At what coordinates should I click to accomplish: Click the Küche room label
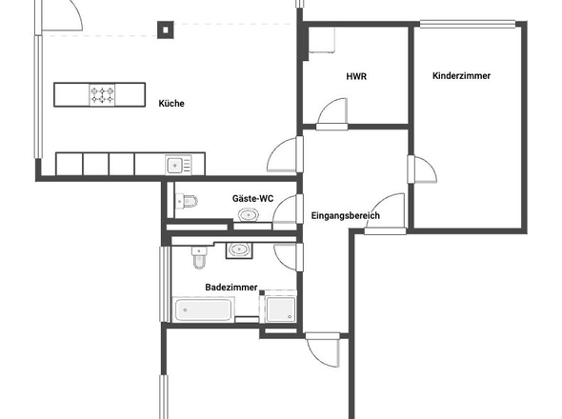(171, 104)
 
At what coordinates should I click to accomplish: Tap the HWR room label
(356, 76)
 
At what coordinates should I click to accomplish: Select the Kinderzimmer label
(461, 75)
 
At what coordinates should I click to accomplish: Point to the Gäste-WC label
(252, 198)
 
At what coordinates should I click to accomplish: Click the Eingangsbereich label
(345, 216)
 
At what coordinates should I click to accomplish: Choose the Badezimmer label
(231, 287)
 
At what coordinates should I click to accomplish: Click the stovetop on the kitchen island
(102, 95)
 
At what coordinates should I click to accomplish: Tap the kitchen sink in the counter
(178, 165)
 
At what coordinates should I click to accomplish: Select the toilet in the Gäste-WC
(187, 201)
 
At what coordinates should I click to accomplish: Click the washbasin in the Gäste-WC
(249, 215)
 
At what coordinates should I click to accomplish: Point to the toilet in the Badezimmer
(199, 257)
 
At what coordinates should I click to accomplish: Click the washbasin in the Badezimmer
(239, 249)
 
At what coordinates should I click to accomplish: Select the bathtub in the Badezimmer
(203, 309)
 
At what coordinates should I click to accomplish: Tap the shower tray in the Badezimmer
(281, 309)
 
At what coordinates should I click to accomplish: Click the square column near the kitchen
(166, 30)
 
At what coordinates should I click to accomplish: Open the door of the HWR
(332, 113)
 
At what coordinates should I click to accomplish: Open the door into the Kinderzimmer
(422, 170)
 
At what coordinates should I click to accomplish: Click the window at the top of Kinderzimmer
(468, 24)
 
